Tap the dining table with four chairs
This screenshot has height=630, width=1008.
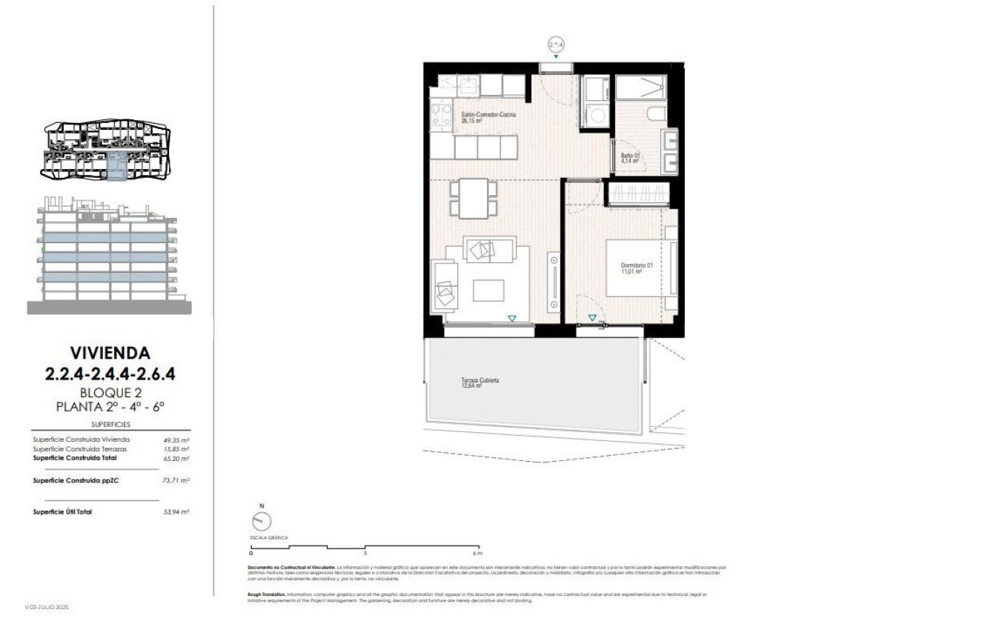pyautogui.click(x=473, y=199)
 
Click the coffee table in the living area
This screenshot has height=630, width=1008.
pyautogui.click(x=488, y=290)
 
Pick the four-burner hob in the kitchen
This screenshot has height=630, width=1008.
pyautogui.click(x=442, y=117)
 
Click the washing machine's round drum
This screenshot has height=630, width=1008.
pyautogui.click(x=595, y=115)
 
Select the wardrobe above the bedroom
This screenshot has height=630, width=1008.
pyautogui.click(x=639, y=193)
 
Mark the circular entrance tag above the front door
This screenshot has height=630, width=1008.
pyautogui.click(x=556, y=45)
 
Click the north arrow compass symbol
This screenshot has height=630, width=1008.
pyautogui.click(x=262, y=522)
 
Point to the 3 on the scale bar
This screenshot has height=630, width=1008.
pyautogui.click(x=365, y=553)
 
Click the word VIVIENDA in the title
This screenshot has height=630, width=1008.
pyautogui.click(x=110, y=352)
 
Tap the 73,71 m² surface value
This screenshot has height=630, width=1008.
pyautogui.click(x=176, y=480)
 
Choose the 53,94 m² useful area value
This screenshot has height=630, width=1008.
pyautogui.click(x=176, y=512)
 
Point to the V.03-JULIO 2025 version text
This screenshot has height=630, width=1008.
pyautogui.click(x=47, y=607)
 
